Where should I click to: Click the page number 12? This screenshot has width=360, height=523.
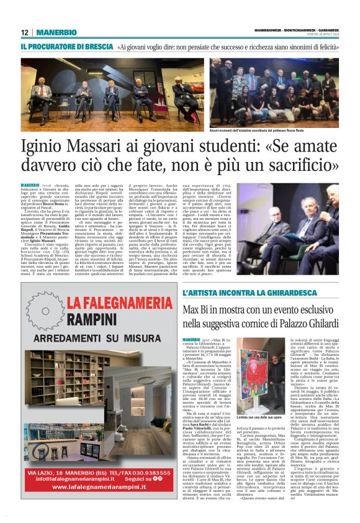(x=24, y=32)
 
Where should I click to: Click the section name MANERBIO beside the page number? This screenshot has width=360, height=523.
(x=56, y=32)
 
